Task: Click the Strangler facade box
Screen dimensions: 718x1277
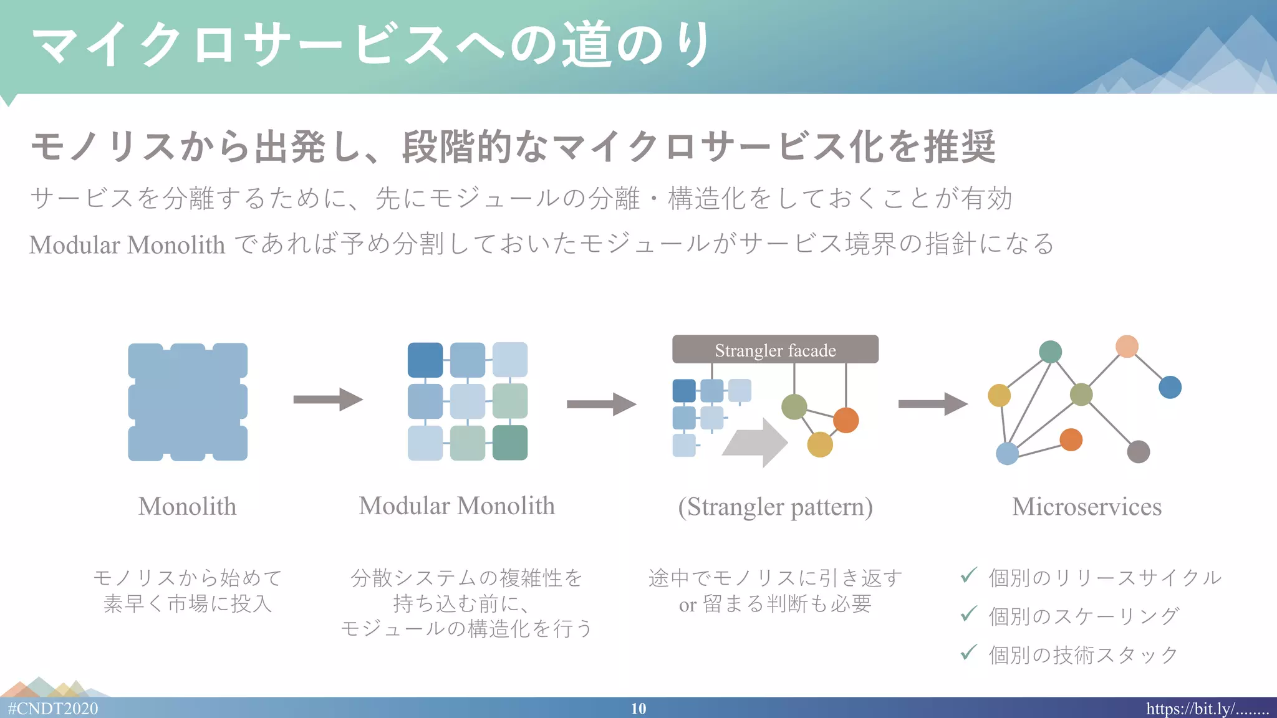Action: coord(775,350)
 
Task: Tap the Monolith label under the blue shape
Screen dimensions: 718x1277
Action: coord(187,506)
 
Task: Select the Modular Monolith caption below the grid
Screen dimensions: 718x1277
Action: coord(456,505)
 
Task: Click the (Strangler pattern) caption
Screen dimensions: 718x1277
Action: coord(775,507)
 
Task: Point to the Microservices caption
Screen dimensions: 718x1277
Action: coord(1086,506)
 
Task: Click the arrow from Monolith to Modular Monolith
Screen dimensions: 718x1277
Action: coord(327,400)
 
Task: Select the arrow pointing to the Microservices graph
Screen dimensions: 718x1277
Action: coord(932,404)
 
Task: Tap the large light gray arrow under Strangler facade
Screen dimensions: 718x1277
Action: coord(756,443)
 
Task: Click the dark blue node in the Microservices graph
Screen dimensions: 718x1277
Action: coord(1170,387)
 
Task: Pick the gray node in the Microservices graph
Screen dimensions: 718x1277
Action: coord(1139,451)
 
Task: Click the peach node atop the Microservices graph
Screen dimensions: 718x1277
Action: coord(1127,346)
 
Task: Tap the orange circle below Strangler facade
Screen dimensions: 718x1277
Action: coord(846,420)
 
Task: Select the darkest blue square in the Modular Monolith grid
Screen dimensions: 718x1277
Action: coord(425,360)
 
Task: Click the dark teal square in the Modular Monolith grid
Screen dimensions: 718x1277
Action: coord(510,443)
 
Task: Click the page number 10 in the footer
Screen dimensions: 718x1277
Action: coord(638,709)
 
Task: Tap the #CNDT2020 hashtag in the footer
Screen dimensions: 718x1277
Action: coord(53,709)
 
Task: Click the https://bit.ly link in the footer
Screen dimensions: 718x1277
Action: coord(1207,709)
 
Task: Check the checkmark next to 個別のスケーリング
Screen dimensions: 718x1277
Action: coord(968,614)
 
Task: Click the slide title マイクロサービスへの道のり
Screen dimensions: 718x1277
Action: coord(371,45)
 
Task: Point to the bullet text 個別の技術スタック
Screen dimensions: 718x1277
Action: coord(1083,654)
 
